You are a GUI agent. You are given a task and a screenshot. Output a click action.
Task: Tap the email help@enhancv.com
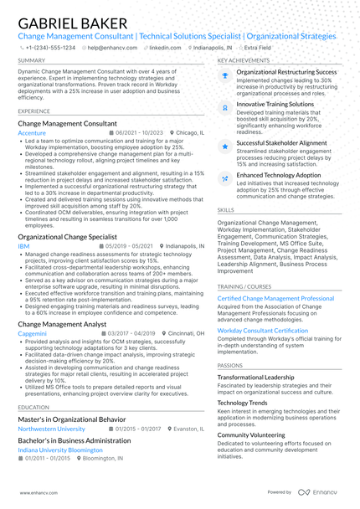(x=112, y=48)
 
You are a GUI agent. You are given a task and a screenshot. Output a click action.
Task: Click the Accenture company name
(x=32, y=133)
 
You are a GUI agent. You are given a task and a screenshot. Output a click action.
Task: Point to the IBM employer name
(x=23, y=247)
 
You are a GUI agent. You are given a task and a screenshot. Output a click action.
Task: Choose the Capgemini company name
(x=33, y=332)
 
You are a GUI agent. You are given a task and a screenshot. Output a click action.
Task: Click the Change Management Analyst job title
(x=62, y=323)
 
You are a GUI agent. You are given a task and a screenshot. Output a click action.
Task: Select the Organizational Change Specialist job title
(x=67, y=237)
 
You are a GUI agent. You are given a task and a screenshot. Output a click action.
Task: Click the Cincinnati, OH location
(x=186, y=332)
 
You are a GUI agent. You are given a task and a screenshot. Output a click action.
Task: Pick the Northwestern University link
(x=51, y=428)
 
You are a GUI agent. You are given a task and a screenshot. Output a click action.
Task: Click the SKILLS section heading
(x=225, y=209)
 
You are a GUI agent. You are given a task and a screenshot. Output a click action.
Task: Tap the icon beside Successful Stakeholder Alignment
(x=224, y=146)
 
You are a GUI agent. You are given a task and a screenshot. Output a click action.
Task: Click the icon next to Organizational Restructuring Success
(x=224, y=75)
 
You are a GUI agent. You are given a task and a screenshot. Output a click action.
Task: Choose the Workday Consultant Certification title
(x=262, y=331)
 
